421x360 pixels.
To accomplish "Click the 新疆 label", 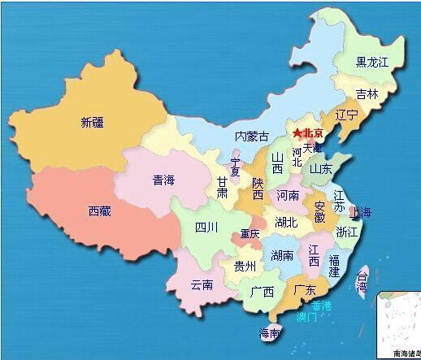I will pyautogui.click(x=92, y=124).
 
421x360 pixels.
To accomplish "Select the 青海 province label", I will pyautogui.click(x=163, y=180).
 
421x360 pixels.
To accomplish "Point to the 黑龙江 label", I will pyautogui.click(x=372, y=62).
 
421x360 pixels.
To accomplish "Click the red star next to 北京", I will pyautogui.click(x=297, y=132).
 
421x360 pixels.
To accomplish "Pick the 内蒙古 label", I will pyautogui.click(x=250, y=136).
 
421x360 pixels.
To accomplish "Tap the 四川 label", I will pyautogui.click(x=206, y=228).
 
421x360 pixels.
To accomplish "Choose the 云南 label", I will pyautogui.click(x=202, y=284).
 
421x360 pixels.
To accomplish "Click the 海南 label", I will pyautogui.click(x=270, y=332).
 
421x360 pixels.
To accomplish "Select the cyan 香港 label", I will pyautogui.click(x=322, y=305).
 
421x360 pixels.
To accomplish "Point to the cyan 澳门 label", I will pyautogui.click(x=306, y=317).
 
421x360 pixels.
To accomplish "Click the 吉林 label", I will pyautogui.click(x=368, y=93).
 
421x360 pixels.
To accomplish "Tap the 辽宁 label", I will pyautogui.click(x=346, y=115).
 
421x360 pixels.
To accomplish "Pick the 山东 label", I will pyautogui.click(x=320, y=170).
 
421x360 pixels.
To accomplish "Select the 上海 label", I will pyautogui.click(x=360, y=213).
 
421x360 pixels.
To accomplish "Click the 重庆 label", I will pyautogui.click(x=250, y=235).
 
